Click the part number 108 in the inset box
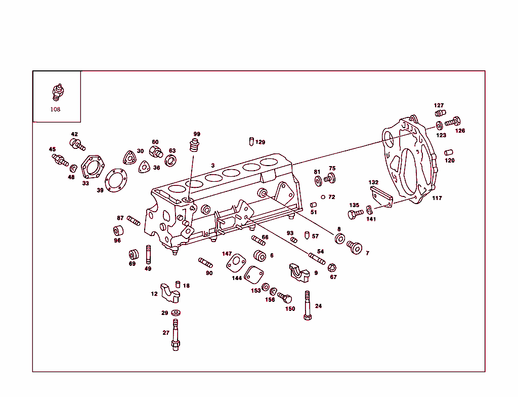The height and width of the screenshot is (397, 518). pyautogui.click(x=55, y=109)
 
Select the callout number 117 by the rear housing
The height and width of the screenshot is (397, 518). pyautogui.click(x=437, y=198)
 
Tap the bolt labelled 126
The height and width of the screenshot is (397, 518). pyautogui.click(x=453, y=122)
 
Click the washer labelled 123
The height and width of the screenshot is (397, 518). pyautogui.click(x=439, y=125)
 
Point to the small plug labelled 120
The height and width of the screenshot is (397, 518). pyautogui.click(x=448, y=152)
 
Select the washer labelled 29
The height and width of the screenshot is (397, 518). pyautogui.click(x=176, y=313)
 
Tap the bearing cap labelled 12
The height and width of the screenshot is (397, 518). pyautogui.click(x=170, y=292)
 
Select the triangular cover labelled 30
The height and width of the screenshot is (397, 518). pyautogui.click(x=130, y=157)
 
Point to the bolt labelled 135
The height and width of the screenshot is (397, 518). pyautogui.click(x=356, y=214)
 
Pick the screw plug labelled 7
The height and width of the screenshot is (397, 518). pyautogui.click(x=354, y=248)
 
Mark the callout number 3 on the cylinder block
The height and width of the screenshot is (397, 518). pyautogui.click(x=213, y=166)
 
